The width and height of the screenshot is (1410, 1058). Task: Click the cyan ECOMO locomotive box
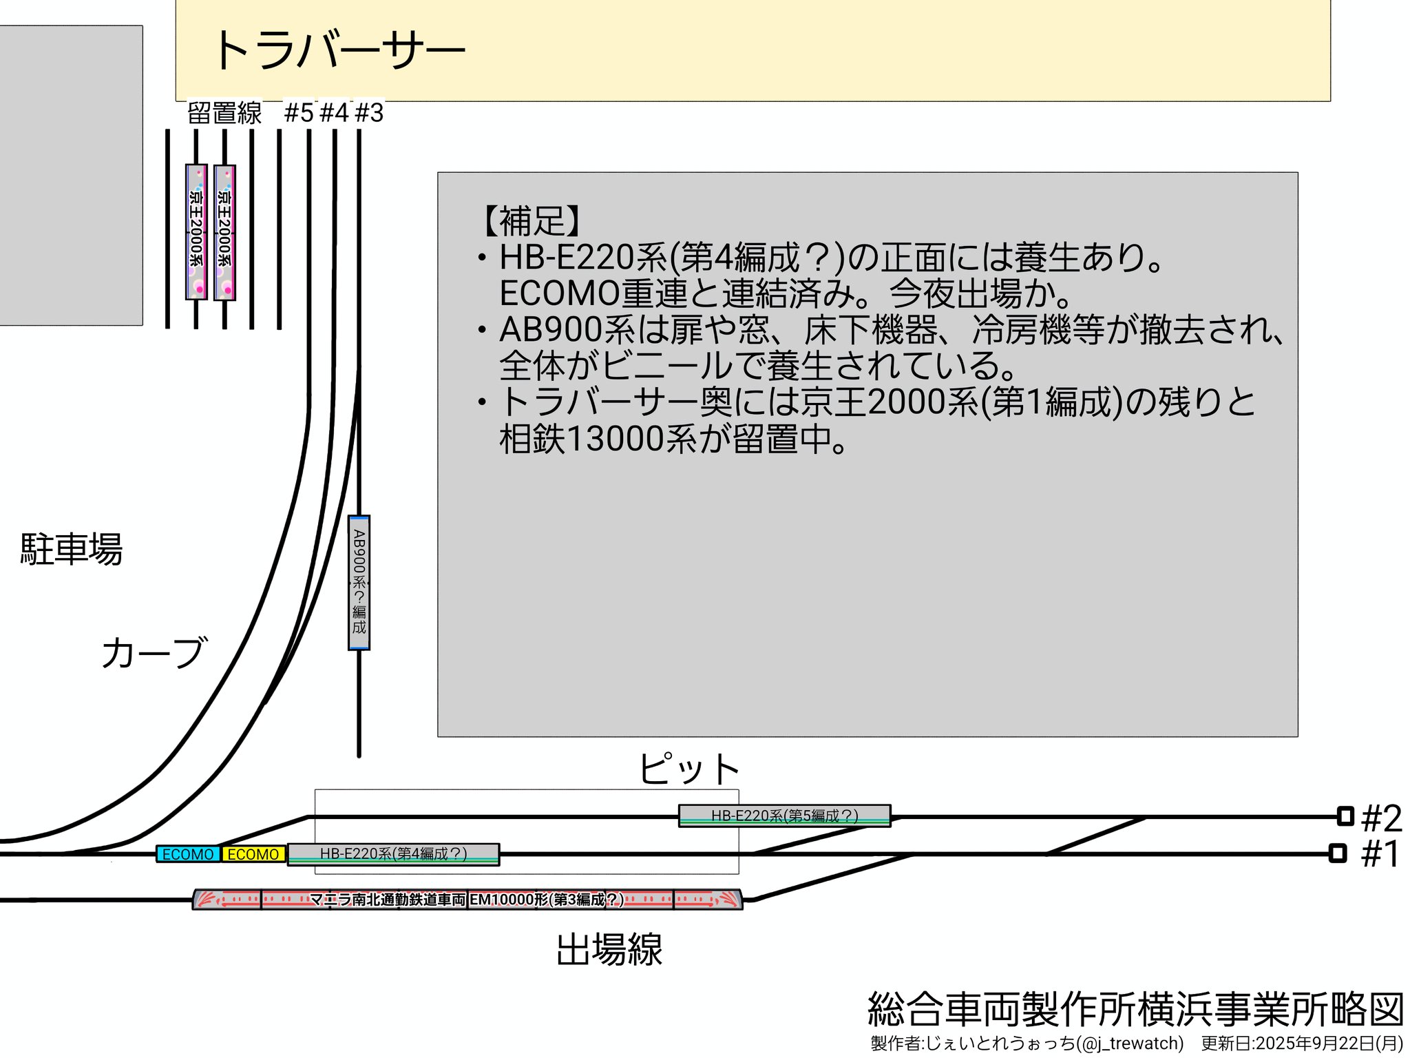(x=188, y=854)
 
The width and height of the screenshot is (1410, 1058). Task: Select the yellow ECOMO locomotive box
(x=253, y=854)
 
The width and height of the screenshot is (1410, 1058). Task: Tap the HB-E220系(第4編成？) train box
(x=393, y=854)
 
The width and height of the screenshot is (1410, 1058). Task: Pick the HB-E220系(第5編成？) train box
(x=784, y=816)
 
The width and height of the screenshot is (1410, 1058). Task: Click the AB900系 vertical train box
(x=359, y=582)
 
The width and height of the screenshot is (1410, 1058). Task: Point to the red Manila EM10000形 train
(x=467, y=900)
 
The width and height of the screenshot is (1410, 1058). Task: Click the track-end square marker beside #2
(x=1345, y=816)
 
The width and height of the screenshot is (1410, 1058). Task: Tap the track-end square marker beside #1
(x=1337, y=853)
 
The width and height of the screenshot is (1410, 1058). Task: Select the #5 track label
(x=299, y=113)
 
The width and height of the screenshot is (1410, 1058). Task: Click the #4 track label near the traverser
(x=335, y=113)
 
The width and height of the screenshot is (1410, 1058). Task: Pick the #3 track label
(x=369, y=113)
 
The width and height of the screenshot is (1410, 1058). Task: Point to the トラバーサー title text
(x=339, y=50)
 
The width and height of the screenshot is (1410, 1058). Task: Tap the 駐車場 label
(x=71, y=549)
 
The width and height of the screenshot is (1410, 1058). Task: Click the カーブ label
(x=154, y=652)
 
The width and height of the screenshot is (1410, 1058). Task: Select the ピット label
(x=688, y=769)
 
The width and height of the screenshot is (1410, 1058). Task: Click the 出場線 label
(x=609, y=949)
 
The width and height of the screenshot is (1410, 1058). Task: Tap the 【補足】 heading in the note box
(x=532, y=221)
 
